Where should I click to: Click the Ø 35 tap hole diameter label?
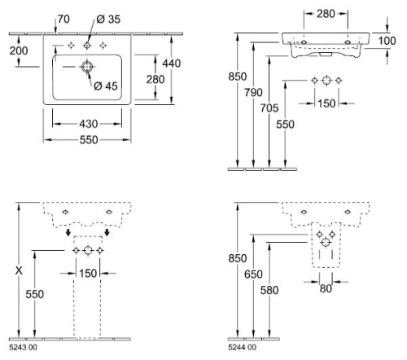coord(108,20)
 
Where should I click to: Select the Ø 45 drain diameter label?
coord(106,86)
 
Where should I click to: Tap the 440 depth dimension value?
coord(172,64)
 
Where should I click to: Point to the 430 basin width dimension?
coord(89,124)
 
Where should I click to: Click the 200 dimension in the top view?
coord(19,50)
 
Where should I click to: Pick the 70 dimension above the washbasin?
coord(63,20)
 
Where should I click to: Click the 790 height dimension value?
coord(253,93)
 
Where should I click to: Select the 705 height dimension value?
coord(269,108)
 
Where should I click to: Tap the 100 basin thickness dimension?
coord(387,41)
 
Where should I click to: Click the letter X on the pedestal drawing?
coord(19,270)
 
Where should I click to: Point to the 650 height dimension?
coord(253,274)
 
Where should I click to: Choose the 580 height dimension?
coord(269,290)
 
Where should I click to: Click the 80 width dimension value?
coord(326,288)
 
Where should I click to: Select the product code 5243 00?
coord(23,348)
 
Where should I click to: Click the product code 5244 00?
coord(242,348)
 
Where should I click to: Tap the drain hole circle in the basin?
coord(87,67)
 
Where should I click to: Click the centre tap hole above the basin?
coord(87,46)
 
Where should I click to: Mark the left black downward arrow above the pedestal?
coord(68,232)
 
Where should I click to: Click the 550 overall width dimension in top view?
coord(89,140)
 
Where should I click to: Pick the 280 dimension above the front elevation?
coord(326,14)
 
